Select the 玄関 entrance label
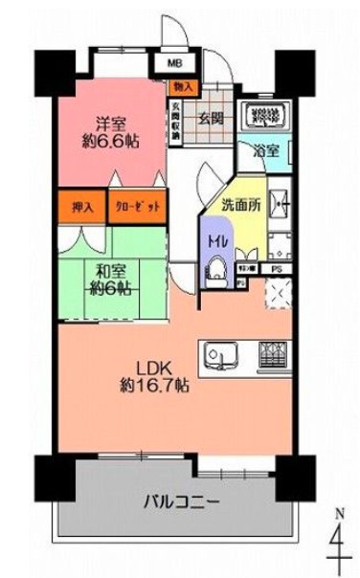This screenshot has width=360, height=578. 212,119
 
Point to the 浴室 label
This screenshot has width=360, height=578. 267,151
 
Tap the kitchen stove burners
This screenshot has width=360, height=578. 271,357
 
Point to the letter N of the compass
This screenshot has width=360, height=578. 336,514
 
